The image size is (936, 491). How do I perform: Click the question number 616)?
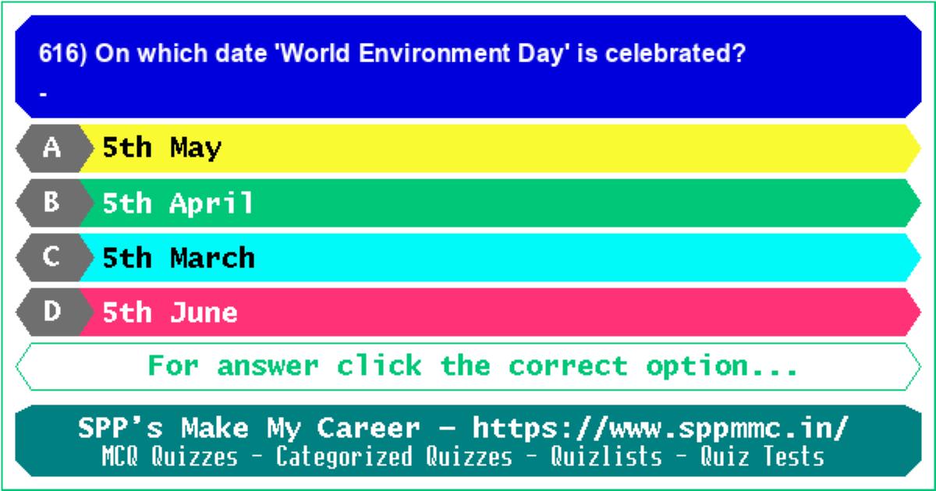62,54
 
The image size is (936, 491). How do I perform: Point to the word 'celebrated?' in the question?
675,54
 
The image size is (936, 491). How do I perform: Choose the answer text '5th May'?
161,148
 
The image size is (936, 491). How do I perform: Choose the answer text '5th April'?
178,203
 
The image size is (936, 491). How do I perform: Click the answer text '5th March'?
179,258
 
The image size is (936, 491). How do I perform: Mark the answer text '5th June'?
170,313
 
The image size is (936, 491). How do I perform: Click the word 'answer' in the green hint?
268,366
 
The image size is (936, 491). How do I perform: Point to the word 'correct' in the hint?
568,366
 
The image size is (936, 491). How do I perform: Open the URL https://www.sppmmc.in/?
661,428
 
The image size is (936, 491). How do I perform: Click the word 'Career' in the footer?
368,428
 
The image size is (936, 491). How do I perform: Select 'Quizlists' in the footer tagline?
606,456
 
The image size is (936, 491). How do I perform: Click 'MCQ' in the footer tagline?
119,457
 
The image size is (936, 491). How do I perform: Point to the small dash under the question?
43,95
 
